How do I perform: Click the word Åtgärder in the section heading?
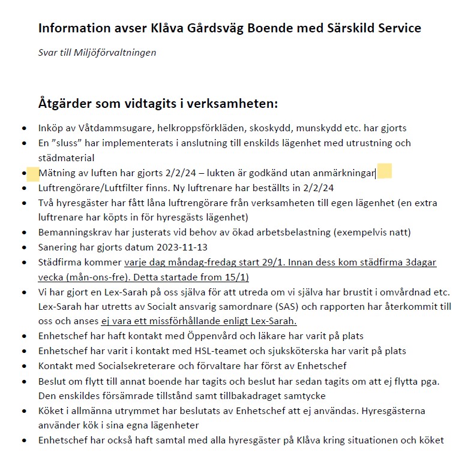tap(65, 103)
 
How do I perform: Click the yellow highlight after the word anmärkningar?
tap(384, 173)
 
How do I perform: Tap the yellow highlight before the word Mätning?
tap(32, 174)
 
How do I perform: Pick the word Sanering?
tap(57, 247)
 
